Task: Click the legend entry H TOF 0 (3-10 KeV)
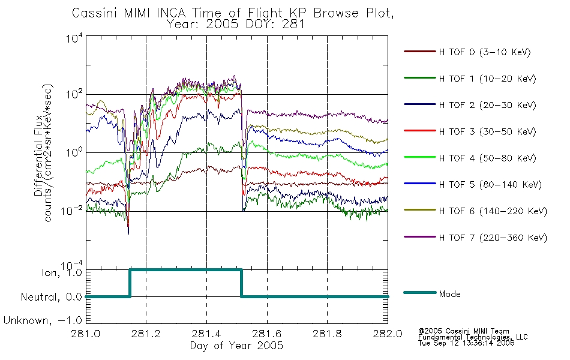pyautogui.click(x=485, y=52)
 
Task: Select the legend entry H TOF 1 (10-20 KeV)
pyautogui.click(x=487, y=79)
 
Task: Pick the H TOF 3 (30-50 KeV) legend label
pyautogui.click(x=487, y=131)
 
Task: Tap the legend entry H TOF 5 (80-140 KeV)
pyautogui.click(x=490, y=185)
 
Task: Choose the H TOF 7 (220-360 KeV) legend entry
pyautogui.click(x=493, y=238)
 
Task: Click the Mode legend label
pyautogui.click(x=449, y=294)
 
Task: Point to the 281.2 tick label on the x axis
pyautogui.click(x=146, y=334)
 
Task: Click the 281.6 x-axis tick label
pyautogui.click(x=267, y=334)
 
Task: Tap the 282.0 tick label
pyautogui.click(x=388, y=334)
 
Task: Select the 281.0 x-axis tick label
pyautogui.click(x=86, y=334)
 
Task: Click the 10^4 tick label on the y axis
pyautogui.click(x=74, y=38)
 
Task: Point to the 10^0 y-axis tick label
pyautogui.click(x=74, y=152)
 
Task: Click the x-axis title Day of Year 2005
pyautogui.click(x=236, y=346)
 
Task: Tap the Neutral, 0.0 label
pyautogui.click(x=52, y=297)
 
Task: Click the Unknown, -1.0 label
pyautogui.click(x=43, y=320)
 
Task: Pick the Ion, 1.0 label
pyautogui.click(x=62, y=272)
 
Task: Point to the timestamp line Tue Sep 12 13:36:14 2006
pyautogui.click(x=466, y=343)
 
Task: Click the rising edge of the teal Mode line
pyautogui.click(x=130, y=283)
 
